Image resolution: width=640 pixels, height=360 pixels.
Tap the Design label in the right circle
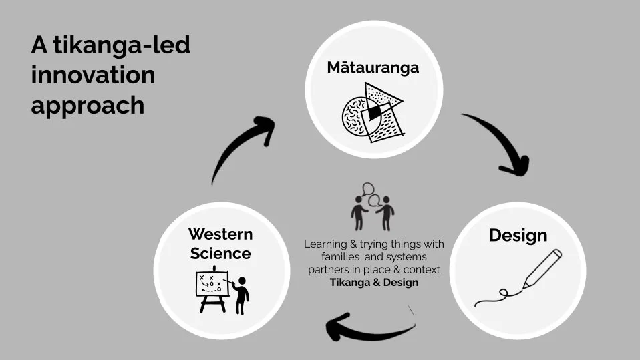518,235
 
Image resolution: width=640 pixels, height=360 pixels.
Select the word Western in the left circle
220,234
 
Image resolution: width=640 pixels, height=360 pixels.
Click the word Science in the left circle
220,254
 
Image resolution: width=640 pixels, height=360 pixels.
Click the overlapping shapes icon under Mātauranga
373,112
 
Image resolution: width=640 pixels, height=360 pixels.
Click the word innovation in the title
93,75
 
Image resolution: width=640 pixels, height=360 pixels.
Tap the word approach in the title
88,105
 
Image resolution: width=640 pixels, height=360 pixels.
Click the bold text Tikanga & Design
373,283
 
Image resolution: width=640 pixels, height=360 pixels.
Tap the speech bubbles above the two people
369,193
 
